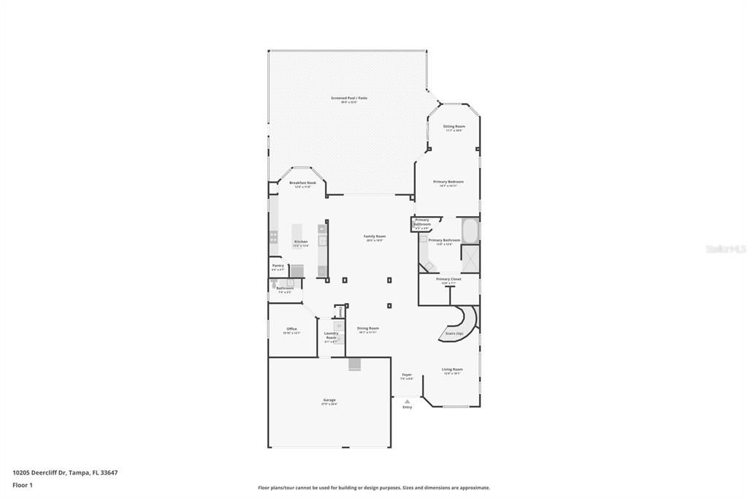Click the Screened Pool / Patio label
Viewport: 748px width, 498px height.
point(348,98)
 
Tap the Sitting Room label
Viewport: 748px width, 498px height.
point(454,126)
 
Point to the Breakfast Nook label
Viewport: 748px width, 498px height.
point(302,183)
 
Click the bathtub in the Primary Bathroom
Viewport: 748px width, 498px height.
point(469,231)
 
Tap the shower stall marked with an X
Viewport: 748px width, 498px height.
point(470,258)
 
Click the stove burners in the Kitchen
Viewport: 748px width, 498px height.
point(274,236)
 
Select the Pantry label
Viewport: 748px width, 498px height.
point(278,266)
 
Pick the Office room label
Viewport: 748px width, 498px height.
point(291,329)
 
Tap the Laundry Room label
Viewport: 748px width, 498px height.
point(331,335)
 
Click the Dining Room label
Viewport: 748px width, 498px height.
point(367,329)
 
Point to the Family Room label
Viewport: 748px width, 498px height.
point(375,237)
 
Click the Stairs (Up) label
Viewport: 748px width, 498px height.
point(454,334)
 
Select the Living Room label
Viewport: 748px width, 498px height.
point(452,369)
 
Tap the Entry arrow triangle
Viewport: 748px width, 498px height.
point(407,401)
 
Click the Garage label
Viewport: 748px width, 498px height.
point(329,400)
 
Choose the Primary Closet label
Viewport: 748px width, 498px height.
point(449,279)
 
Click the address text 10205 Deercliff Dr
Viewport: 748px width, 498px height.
point(41,472)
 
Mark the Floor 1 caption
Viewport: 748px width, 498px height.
point(23,485)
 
